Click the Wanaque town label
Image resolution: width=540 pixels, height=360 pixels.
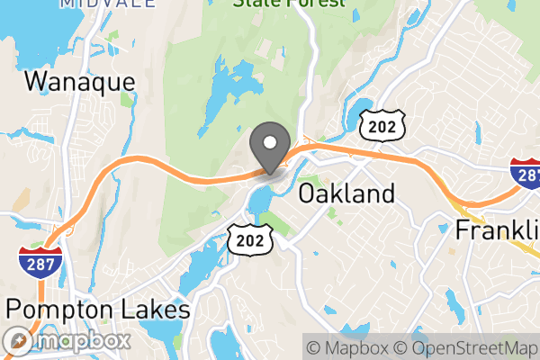[80, 82]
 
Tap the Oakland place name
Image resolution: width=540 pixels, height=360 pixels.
[346, 193]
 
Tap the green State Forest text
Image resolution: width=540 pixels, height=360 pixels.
[289, 4]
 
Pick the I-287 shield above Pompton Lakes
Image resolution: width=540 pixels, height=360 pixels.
[40, 261]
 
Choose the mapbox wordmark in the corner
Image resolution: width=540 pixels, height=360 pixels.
[82, 342]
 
